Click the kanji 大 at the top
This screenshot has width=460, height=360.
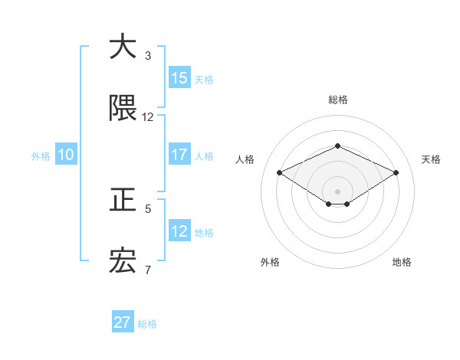pyautogui.click(x=123, y=47)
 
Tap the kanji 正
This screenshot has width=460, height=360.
pyautogui.click(x=123, y=200)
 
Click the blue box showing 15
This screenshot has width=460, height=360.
pyautogui.click(x=179, y=78)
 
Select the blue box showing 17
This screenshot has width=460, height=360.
pyautogui.click(x=179, y=155)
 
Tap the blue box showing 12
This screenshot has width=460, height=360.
pyautogui.click(x=179, y=231)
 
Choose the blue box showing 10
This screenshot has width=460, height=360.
pyautogui.click(x=66, y=155)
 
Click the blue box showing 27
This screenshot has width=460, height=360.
pyautogui.click(x=123, y=322)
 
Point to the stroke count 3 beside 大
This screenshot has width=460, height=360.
pyautogui.click(x=148, y=56)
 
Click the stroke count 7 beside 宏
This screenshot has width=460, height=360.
pyautogui.click(x=148, y=270)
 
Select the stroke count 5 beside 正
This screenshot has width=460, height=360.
pyautogui.click(x=148, y=208)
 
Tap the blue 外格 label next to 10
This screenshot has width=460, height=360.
pyautogui.click(x=41, y=156)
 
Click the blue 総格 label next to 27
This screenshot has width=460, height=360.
pyautogui.click(x=147, y=324)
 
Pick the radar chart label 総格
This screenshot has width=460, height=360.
pyautogui.click(x=337, y=100)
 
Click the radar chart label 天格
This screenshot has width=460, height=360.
pyautogui.click(x=431, y=159)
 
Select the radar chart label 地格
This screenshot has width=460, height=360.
pyautogui.click(x=402, y=262)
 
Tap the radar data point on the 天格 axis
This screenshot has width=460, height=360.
pyautogui.click(x=396, y=172)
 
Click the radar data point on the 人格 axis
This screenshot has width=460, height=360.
pyautogui.click(x=279, y=172)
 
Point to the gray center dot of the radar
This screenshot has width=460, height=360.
pyautogui.click(x=337, y=191)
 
